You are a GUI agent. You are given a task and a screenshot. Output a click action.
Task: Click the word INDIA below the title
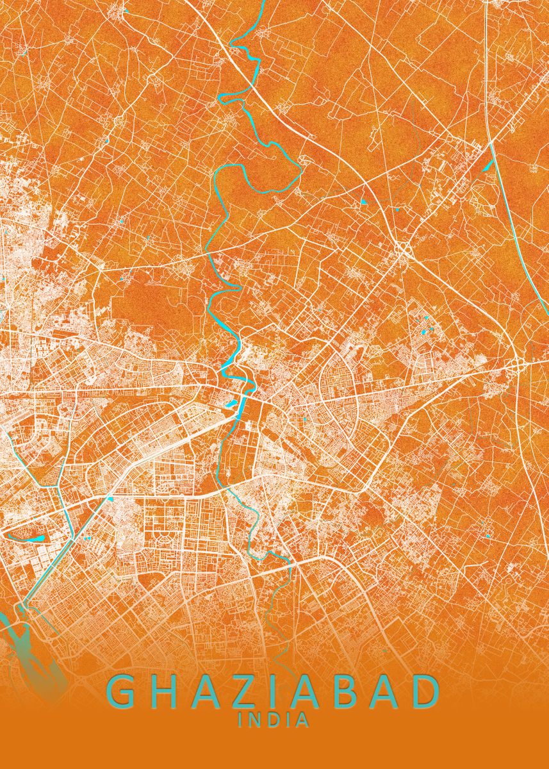coord(274,720)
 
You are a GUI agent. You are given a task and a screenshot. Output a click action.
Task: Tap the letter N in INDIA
coord(255,720)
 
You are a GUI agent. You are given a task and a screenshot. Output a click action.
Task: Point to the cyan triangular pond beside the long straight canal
coord(489,165)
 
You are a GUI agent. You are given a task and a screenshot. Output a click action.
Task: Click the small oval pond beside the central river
coord(231,404)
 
